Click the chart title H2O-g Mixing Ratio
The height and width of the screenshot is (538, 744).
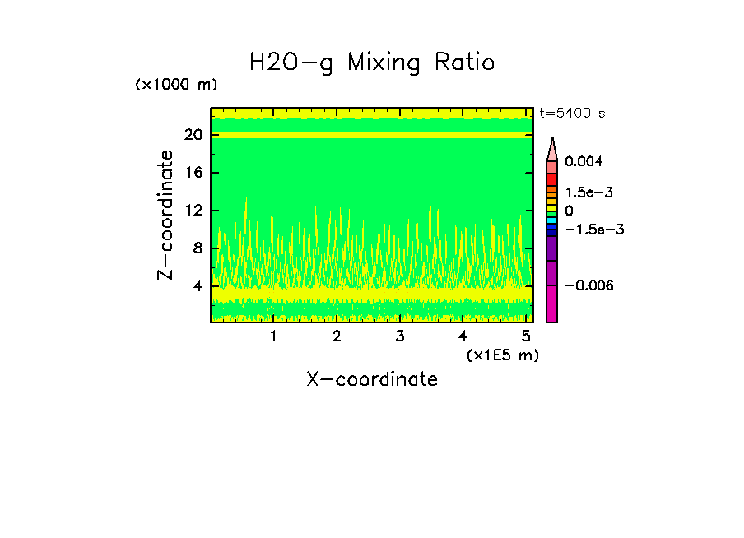click(x=372, y=63)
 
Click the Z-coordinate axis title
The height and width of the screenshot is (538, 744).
click(x=166, y=215)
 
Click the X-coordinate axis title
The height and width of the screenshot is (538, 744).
click(x=372, y=379)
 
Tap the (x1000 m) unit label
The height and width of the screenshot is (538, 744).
click(x=176, y=86)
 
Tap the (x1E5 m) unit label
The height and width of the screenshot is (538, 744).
click(x=502, y=355)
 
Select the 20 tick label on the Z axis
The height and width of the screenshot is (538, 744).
click(x=193, y=135)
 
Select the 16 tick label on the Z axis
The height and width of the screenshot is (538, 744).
click(x=193, y=173)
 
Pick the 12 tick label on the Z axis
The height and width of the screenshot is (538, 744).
click(x=193, y=211)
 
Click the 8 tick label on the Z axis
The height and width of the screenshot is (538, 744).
click(x=198, y=248)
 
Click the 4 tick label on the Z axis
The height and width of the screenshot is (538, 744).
click(x=198, y=286)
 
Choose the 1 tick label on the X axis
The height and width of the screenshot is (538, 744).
click(x=273, y=336)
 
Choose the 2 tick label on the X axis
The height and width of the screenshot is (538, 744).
click(x=337, y=336)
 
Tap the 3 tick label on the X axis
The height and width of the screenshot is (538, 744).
click(x=400, y=336)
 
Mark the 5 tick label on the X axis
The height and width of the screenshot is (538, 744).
click(x=527, y=336)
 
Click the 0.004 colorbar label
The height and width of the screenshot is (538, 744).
click(x=584, y=161)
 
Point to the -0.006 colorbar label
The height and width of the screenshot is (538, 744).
click(x=589, y=285)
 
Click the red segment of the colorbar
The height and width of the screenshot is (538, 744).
click(x=552, y=179)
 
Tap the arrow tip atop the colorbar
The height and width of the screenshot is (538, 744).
click(x=552, y=141)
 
